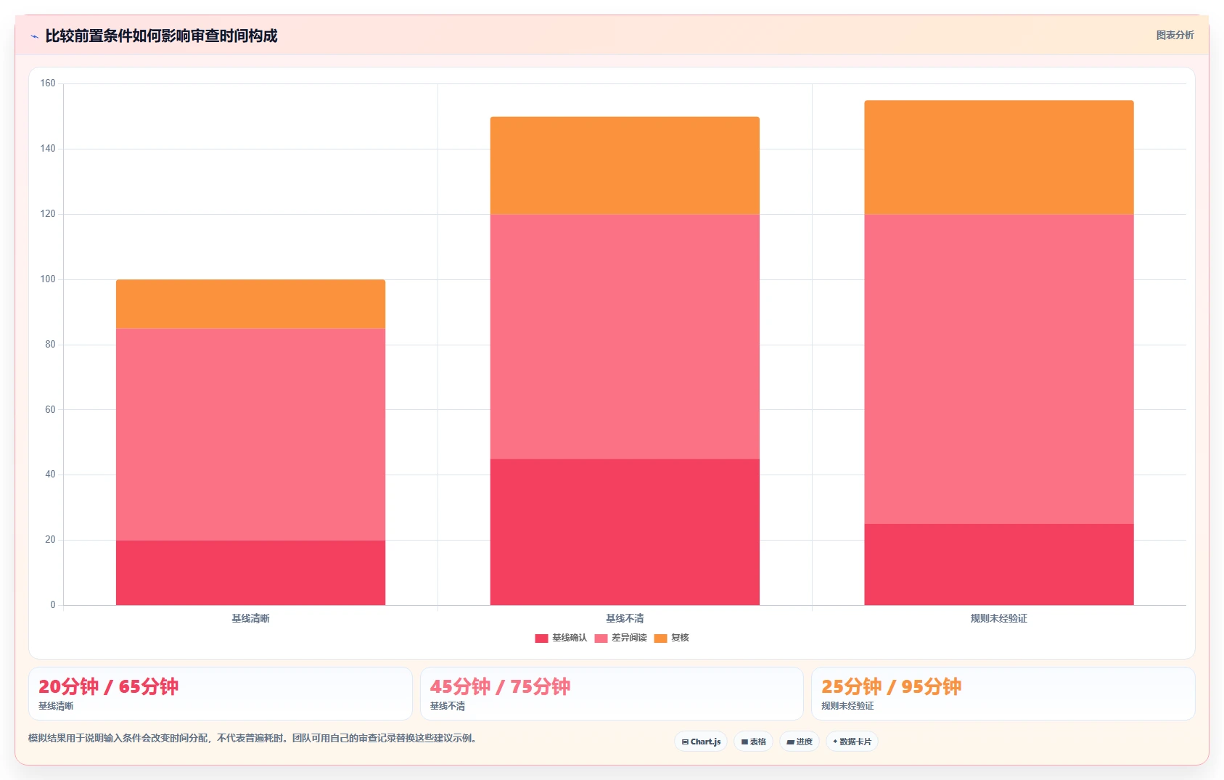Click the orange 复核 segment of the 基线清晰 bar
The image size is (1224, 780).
[x=250, y=304]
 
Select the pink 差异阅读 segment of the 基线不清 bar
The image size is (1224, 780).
[x=625, y=337]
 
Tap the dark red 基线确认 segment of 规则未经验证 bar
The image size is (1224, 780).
[x=999, y=565]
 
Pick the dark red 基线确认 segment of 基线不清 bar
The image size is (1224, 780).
[x=625, y=532]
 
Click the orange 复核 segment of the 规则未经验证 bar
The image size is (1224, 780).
[x=999, y=157]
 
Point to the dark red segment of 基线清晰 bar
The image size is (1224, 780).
[x=250, y=572]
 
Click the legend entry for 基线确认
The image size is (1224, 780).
[x=561, y=638]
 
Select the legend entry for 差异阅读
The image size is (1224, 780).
[x=621, y=638]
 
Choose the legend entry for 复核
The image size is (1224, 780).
[x=672, y=638]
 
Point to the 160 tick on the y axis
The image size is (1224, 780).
[x=48, y=83]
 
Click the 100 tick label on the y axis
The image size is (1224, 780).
[x=48, y=279]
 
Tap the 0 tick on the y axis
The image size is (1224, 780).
[x=53, y=604]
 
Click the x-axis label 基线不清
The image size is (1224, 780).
[x=625, y=618]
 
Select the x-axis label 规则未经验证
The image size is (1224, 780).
[x=999, y=618]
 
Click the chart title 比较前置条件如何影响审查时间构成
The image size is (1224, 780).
[x=161, y=36]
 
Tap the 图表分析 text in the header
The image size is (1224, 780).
[x=1175, y=35]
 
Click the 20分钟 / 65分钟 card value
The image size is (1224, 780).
[x=108, y=686]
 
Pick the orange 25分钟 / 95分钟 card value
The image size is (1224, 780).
[x=891, y=686]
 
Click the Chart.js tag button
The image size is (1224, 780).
[x=701, y=742]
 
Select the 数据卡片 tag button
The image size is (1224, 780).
[x=852, y=742]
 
